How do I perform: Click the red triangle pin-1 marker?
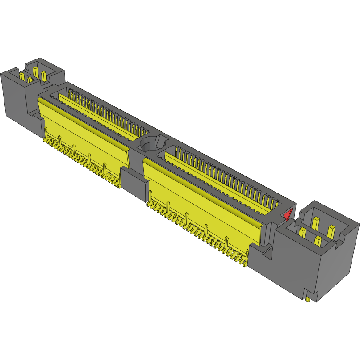[288, 214]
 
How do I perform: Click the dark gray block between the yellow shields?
[134, 184]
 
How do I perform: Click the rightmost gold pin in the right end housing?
[331, 231]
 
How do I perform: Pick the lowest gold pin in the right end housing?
[318, 242]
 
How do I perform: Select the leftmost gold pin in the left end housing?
[21, 76]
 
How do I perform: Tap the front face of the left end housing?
[13, 96]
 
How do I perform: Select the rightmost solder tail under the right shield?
[246, 259]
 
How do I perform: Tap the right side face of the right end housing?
[339, 264]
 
